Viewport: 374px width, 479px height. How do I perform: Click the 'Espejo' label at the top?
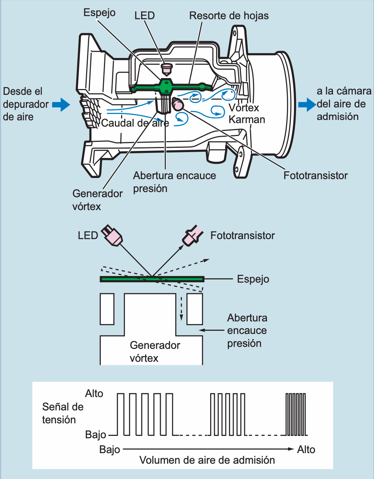tap(99, 12)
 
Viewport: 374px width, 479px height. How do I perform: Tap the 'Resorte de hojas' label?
tap(229, 16)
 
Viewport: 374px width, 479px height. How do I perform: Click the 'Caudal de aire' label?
tap(135, 123)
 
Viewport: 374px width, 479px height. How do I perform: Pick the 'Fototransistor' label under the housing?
tap(315, 175)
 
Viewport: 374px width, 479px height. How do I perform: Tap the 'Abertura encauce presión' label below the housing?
tap(174, 181)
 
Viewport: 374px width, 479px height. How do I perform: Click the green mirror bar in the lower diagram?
tap(152, 279)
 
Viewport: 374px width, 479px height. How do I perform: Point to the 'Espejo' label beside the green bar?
tap(253, 279)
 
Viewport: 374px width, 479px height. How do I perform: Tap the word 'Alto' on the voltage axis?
tap(94, 394)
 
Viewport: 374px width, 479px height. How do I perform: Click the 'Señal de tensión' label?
tap(63, 413)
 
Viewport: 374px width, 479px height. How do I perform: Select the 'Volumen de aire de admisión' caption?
tap(207, 460)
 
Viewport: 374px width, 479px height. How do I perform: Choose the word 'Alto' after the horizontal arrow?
tap(306, 449)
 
